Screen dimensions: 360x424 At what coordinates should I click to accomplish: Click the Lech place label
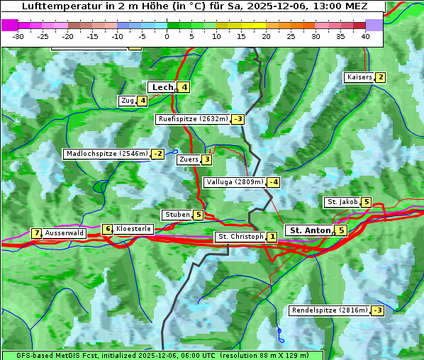(162, 87)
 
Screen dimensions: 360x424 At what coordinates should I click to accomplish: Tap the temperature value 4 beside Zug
(143, 101)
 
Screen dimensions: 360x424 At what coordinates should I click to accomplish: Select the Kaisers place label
(359, 77)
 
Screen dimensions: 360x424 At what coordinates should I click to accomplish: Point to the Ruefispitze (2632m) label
(193, 119)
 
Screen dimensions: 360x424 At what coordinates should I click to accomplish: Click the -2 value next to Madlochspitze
(158, 154)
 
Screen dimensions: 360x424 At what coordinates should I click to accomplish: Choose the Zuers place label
(189, 159)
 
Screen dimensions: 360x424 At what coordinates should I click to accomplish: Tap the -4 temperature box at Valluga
(274, 182)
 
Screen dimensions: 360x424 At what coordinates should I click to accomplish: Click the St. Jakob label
(342, 202)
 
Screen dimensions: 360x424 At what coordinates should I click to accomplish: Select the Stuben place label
(177, 215)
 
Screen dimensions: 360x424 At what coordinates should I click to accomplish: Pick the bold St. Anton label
(310, 230)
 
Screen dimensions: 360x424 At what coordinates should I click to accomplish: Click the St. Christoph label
(240, 237)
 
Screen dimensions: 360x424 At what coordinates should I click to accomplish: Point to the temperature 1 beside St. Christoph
(272, 237)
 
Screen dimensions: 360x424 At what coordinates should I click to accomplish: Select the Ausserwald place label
(65, 232)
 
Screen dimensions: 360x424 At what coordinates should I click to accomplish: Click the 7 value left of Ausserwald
(36, 233)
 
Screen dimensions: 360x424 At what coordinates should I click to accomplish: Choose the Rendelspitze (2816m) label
(330, 310)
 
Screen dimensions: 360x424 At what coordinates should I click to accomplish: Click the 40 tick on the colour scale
(365, 36)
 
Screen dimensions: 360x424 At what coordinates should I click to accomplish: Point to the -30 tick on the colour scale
(18, 36)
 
